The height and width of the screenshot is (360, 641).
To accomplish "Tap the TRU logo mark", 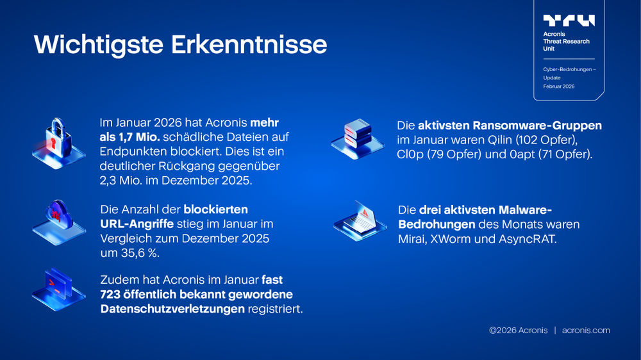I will [569, 20].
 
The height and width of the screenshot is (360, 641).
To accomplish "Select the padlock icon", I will [58, 139].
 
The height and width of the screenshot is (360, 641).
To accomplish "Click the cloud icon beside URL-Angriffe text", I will [58, 218].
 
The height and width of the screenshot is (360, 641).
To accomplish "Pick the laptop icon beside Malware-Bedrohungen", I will [360, 220].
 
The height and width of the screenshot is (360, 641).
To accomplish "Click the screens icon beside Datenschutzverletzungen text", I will [58, 289].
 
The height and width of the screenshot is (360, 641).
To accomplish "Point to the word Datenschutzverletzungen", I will [172, 309].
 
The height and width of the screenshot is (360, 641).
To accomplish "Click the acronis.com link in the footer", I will [586, 331].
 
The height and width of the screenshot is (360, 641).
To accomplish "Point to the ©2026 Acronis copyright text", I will [518, 331].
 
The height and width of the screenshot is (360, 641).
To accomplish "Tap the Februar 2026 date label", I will [559, 86].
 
